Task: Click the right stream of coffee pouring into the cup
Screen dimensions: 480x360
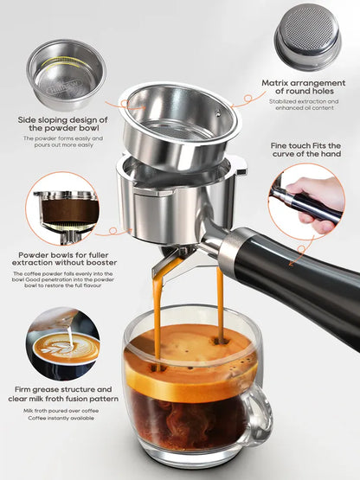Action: click(220, 307)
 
